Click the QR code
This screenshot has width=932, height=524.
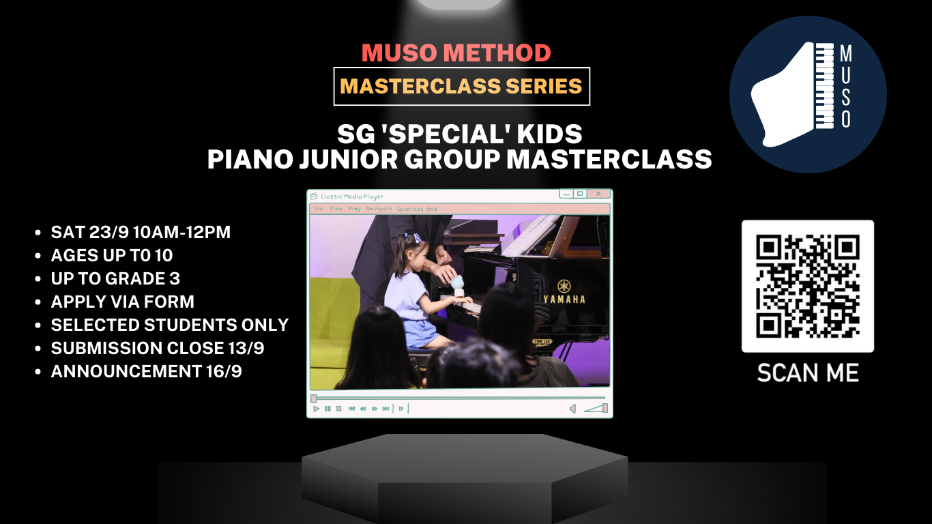[808, 286]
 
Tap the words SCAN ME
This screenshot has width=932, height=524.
[808, 373]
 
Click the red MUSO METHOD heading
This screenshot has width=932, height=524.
[456, 53]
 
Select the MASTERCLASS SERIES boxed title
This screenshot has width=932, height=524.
[461, 87]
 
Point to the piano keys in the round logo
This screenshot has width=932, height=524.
[825, 87]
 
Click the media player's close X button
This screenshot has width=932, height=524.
[598, 194]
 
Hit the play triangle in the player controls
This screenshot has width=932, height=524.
[316, 409]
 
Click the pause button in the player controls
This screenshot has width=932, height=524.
[327, 409]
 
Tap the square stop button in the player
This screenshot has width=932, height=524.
[338, 409]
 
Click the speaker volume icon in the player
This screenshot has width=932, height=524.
[572, 409]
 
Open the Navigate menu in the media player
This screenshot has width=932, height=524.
[379, 209]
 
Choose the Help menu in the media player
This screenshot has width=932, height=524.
[433, 209]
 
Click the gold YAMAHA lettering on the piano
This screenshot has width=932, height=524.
[564, 299]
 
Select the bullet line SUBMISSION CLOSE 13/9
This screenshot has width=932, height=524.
[158, 348]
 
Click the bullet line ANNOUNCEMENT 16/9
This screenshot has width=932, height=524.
[146, 371]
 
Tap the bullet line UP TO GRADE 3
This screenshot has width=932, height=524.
[115, 278]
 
